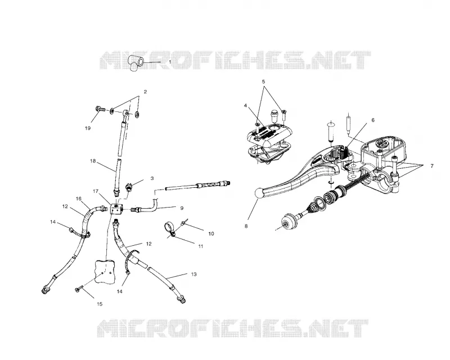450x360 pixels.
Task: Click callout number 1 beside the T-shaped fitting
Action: [170, 62]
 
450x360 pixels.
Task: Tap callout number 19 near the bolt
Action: [88, 128]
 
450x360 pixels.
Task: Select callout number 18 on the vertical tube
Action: [93, 161]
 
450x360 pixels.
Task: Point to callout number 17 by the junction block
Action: [96, 191]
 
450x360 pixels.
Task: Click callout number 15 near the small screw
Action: [100, 304]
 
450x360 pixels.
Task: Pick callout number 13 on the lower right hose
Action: [193, 274]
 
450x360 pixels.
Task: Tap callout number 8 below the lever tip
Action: [246, 226]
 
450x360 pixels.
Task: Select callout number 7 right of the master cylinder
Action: [432, 166]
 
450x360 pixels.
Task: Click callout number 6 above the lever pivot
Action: [373, 120]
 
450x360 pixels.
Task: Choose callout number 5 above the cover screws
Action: [263, 81]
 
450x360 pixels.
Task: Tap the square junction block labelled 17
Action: [116, 209]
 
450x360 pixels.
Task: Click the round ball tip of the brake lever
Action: [259, 192]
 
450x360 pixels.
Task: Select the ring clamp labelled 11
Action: [170, 229]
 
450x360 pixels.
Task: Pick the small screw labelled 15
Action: [79, 289]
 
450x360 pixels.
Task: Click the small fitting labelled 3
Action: [129, 186]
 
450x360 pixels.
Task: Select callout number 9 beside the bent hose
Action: [182, 208]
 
